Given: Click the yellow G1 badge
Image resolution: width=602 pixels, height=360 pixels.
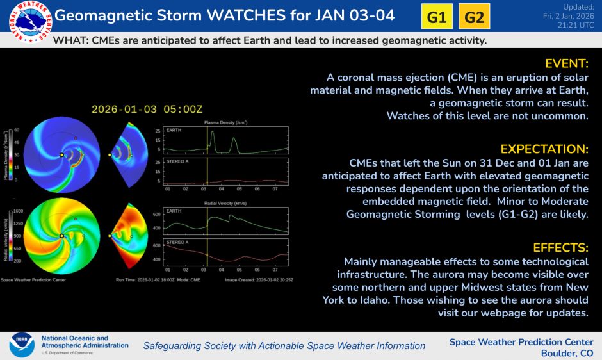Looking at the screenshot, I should click(436, 17).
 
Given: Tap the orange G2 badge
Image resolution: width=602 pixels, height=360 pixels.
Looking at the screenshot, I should click(474, 17).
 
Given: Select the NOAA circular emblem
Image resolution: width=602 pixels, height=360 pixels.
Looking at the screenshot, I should click(21, 345).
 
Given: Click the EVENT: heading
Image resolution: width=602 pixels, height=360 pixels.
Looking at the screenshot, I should click(566, 63).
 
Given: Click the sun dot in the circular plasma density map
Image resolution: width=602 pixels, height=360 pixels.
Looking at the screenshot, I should click(61, 155).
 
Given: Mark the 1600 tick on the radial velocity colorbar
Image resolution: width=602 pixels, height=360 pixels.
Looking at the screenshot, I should click(18, 211).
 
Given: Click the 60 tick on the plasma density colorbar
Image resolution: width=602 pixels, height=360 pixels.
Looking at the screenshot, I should click(17, 130).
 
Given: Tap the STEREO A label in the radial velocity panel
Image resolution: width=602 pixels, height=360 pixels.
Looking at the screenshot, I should click(177, 242).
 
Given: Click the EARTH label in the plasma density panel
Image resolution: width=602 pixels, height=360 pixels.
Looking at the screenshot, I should click(174, 130).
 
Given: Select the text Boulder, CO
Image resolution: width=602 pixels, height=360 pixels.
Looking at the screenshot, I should click(567, 353).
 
